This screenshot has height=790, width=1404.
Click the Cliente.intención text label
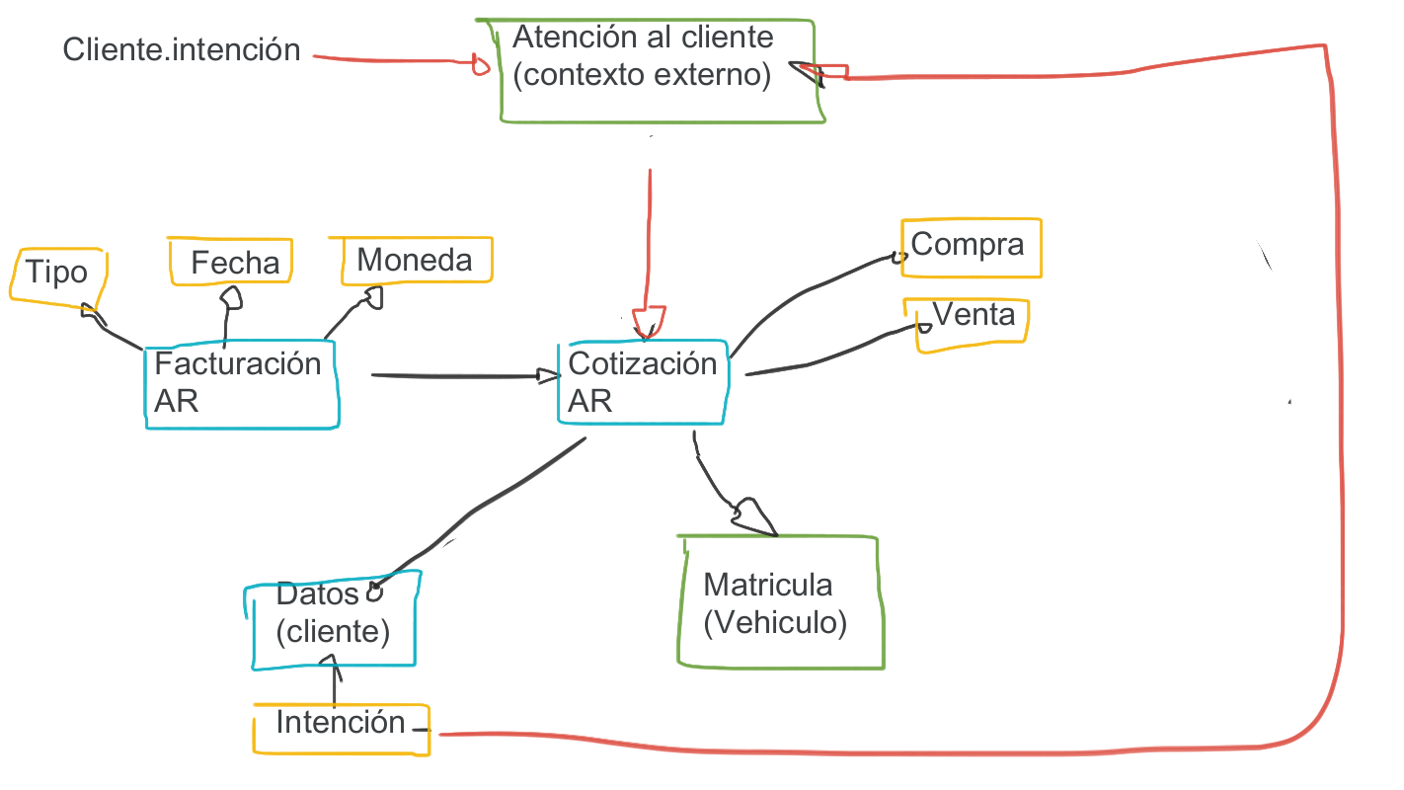click(182, 49)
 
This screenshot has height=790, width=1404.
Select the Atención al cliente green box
click(660, 71)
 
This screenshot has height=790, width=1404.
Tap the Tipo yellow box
click(56, 273)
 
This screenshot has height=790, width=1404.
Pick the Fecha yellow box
click(232, 262)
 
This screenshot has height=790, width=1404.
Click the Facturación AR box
click(240, 384)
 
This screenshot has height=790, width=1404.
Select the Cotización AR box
click(642, 383)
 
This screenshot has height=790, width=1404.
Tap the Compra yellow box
click(970, 247)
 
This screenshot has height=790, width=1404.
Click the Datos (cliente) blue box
click(333, 616)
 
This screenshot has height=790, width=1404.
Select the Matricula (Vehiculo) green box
click(778, 603)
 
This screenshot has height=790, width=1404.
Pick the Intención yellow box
click(341, 729)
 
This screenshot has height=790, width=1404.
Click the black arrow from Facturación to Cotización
click(454, 375)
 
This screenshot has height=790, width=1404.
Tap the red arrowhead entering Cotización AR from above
click(649, 323)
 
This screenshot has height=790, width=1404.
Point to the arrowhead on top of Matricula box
click(753, 516)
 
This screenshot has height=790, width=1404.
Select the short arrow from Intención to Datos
click(337, 682)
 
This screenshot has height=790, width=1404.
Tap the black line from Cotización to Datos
click(484, 507)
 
